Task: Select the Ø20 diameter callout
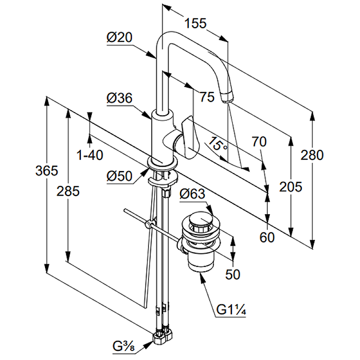pyautogui.click(x=119, y=39)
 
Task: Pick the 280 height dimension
pyautogui.click(x=312, y=155)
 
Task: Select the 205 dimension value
pyautogui.click(x=290, y=186)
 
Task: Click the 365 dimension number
pyautogui.click(x=47, y=171)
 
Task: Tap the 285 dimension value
pyautogui.click(x=68, y=191)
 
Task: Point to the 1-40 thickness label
pyautogui.click(x=90, y=155)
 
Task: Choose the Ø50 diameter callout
pyautogui.click(x=119, y=177)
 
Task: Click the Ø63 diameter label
pyautogui.click(x=192, y=195)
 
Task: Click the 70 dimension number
pyautogui.click(x=259, y=142)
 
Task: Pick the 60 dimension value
pyautogui.click(x=267, y=238)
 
